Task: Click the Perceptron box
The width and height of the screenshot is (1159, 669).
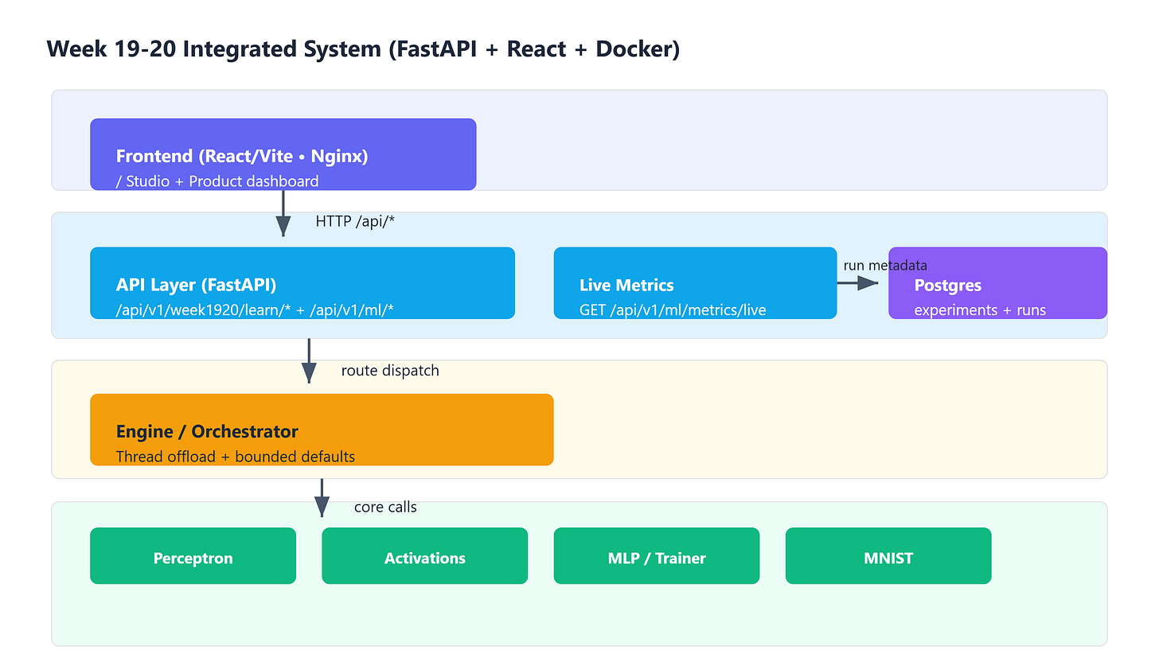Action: coord(193,556)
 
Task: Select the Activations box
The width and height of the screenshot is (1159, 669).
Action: coord(425,556)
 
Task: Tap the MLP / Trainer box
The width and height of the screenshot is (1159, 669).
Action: coord(657,556)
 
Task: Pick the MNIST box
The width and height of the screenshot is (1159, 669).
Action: coord(888,556)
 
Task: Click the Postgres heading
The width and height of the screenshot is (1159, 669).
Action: coord(947,286)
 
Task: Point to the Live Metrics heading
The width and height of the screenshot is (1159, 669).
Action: coord(626,286)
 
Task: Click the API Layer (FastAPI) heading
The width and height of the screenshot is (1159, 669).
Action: coord(196,285)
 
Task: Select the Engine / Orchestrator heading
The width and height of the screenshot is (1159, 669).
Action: coord(207,432)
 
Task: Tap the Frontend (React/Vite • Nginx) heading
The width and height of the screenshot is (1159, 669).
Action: coord(242,156)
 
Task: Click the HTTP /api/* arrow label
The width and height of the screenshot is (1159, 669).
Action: coord(355,221)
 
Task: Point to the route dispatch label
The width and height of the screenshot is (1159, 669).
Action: coord(390,371)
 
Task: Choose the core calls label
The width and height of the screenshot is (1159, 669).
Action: coord(385,508)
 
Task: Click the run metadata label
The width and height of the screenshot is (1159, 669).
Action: coord(885,265)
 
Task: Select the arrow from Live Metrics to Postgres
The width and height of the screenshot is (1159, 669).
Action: coord(857,283)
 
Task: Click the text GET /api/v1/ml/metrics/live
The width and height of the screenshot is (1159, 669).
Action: coord(673,310)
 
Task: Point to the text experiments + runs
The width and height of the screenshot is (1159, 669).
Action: coord(980,310)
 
